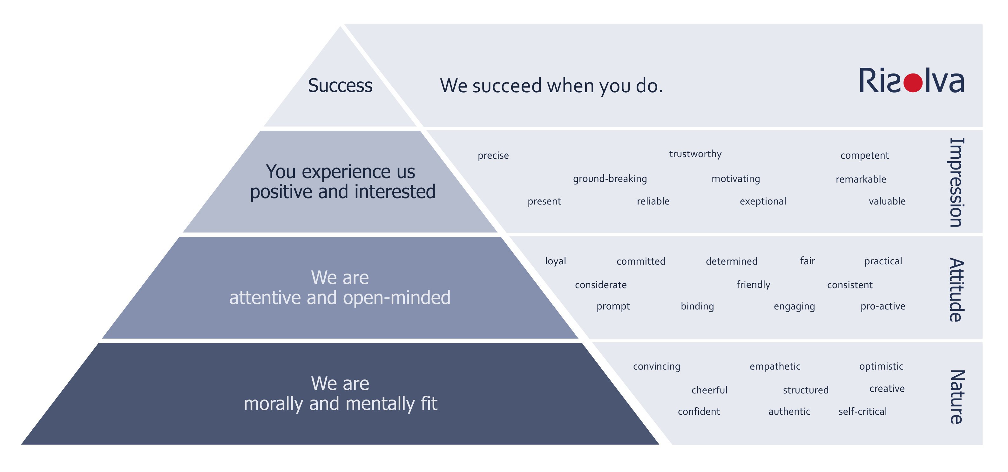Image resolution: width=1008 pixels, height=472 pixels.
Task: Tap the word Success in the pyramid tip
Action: pyautogui.click(x=340, y=85)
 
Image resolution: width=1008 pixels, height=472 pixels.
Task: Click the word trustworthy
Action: pyautogui.click(x=695, y=154)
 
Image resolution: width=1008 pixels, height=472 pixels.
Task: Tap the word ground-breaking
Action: pyautogui.click(x=610, y=179)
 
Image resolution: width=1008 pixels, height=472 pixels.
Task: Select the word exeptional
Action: pyautogui.click(x=763, y=201)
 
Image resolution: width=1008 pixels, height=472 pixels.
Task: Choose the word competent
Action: pyautogui.click(x=864, y=156)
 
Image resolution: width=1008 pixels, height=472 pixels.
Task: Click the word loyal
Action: pyautogui.click(x=556, y=261)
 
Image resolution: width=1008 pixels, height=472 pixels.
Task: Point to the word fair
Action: pyautogui.click(x=807, y=261)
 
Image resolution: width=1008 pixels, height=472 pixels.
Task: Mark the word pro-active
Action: pyautogui.click(x=883, y=306)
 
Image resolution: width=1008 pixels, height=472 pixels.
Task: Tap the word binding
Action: pyautogui.click(x=697, y=306)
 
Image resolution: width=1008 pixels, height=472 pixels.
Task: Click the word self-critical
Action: pyautogui.click(x=863, y=411)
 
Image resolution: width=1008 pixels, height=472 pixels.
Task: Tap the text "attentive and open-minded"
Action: pyautogui.click(x=340, y=298)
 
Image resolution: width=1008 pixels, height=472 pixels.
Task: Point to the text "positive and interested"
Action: pyautogui.click(x=343, y=192)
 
